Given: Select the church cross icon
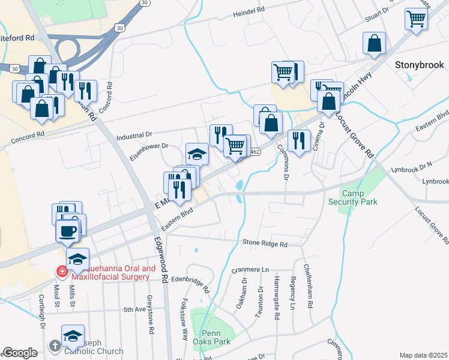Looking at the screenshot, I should pos(55,346).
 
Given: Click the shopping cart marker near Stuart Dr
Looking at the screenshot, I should pos(415,19).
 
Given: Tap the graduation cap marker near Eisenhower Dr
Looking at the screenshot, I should pos(196,154).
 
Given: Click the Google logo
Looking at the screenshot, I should pos(20,352).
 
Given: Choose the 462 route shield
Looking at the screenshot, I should pos(255,152).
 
